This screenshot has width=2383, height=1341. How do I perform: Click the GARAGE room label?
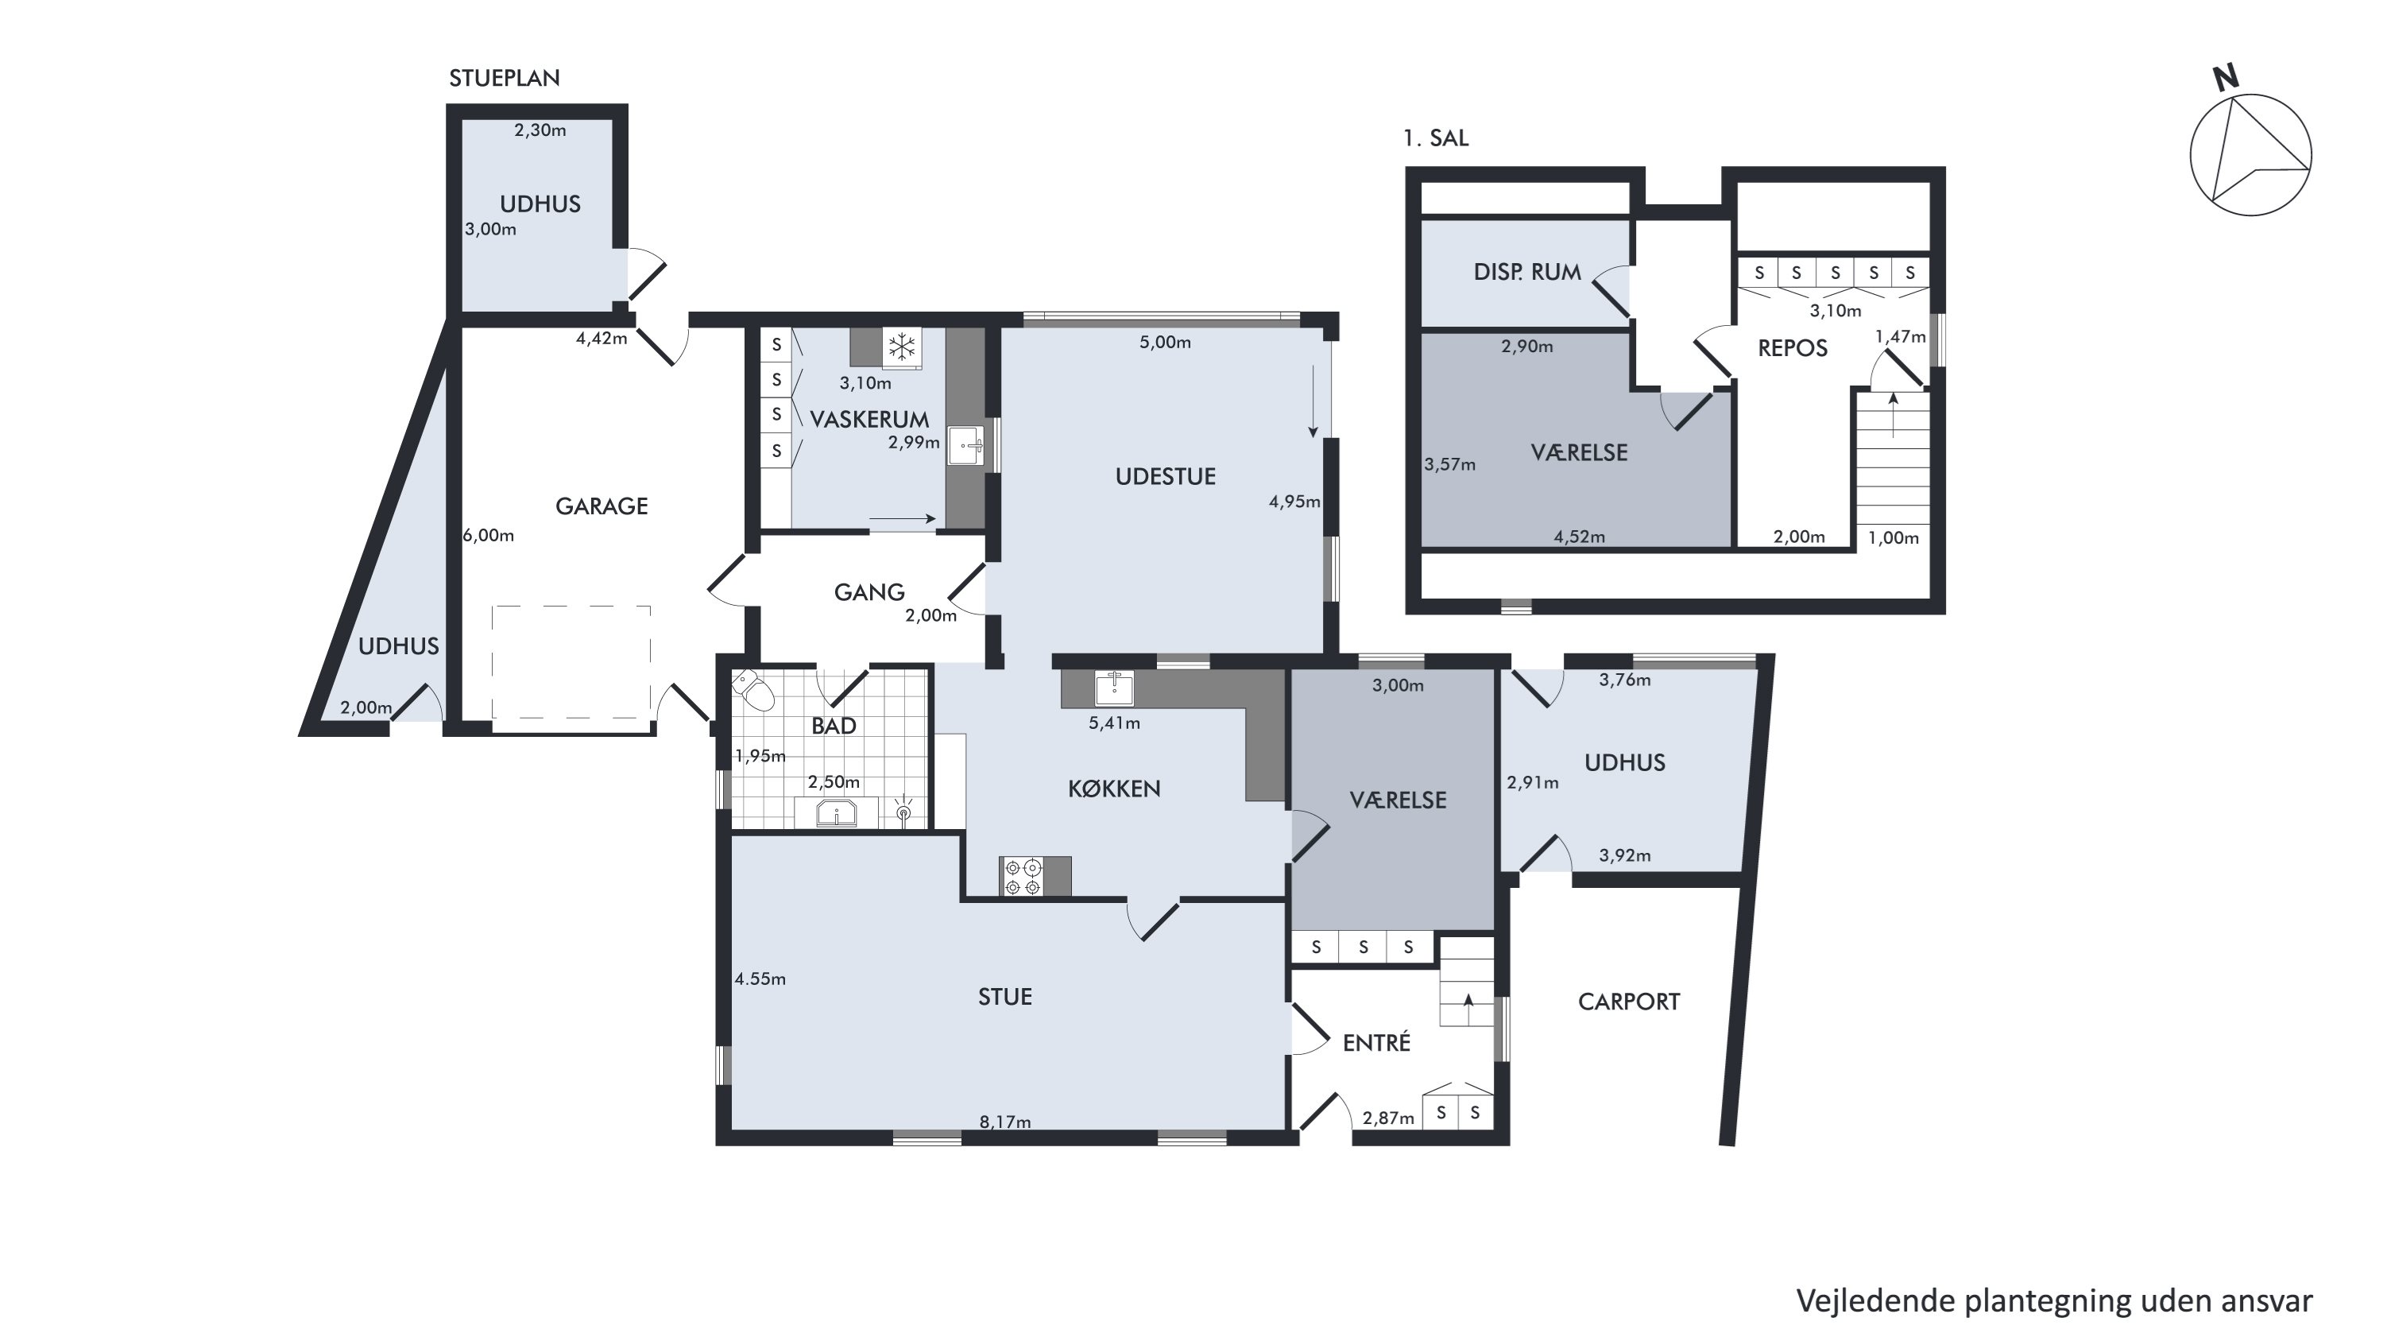(x=602, y=506)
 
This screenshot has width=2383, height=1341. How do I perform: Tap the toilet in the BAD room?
(x=754, y=691)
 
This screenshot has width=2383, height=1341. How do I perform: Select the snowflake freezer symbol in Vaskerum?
(x=902, y=348)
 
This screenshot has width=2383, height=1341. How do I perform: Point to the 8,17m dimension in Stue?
(x=1005, y=1122)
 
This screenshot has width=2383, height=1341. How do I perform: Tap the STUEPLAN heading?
(x=504, y=79)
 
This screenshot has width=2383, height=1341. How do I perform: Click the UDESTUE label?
(x=1166, y=477)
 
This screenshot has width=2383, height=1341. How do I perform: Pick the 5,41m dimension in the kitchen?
(x=1115, y=723)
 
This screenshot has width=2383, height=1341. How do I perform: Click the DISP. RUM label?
(x=1527, y=272)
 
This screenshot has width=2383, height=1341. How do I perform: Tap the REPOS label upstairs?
(x=1793, y=349)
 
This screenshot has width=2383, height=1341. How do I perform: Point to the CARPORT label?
(x=1629, y=1002)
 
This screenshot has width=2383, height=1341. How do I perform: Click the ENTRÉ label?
(x=1376, y=1042)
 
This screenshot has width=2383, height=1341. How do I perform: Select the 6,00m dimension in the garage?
(x=489, y=535)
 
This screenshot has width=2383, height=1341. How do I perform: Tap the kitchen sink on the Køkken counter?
(x=1115, y=687)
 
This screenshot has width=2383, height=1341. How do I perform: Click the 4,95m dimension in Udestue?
(x=1294, y=502)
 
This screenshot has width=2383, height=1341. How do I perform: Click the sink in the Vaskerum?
(x=968, y=446)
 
